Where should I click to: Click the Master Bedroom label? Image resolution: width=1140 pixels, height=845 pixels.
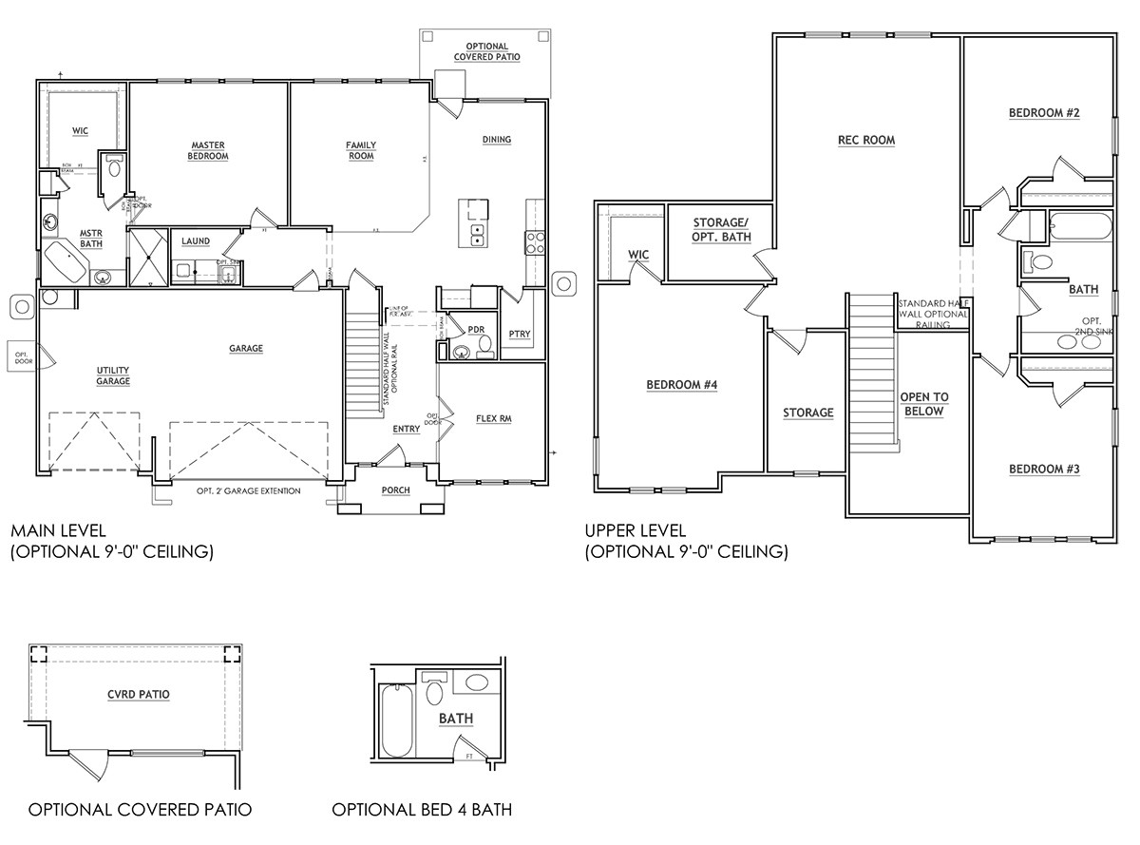coord(208,150)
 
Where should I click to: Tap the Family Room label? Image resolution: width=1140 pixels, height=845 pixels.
coord(360,150)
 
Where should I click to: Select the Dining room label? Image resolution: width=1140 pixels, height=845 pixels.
coord(496,140)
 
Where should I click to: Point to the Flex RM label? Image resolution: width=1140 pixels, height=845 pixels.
coord(493,418)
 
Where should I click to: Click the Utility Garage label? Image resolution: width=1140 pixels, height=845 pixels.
coord(112,375)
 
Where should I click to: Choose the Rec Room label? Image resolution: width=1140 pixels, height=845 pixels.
coord(865,140)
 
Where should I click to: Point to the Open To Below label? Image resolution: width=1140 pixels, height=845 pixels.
coord(924,404)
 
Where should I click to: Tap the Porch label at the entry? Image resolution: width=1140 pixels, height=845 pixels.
coord(395,490)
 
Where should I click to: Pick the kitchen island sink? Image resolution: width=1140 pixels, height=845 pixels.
coord(477,235)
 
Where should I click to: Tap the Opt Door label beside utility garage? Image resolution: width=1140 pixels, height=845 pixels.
coord(22,356)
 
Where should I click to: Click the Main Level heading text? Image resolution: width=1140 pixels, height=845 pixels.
coord(58,530)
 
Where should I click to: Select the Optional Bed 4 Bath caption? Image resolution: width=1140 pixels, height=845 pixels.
coord(422,810)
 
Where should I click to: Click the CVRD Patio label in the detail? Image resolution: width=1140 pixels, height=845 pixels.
coord(139,694)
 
